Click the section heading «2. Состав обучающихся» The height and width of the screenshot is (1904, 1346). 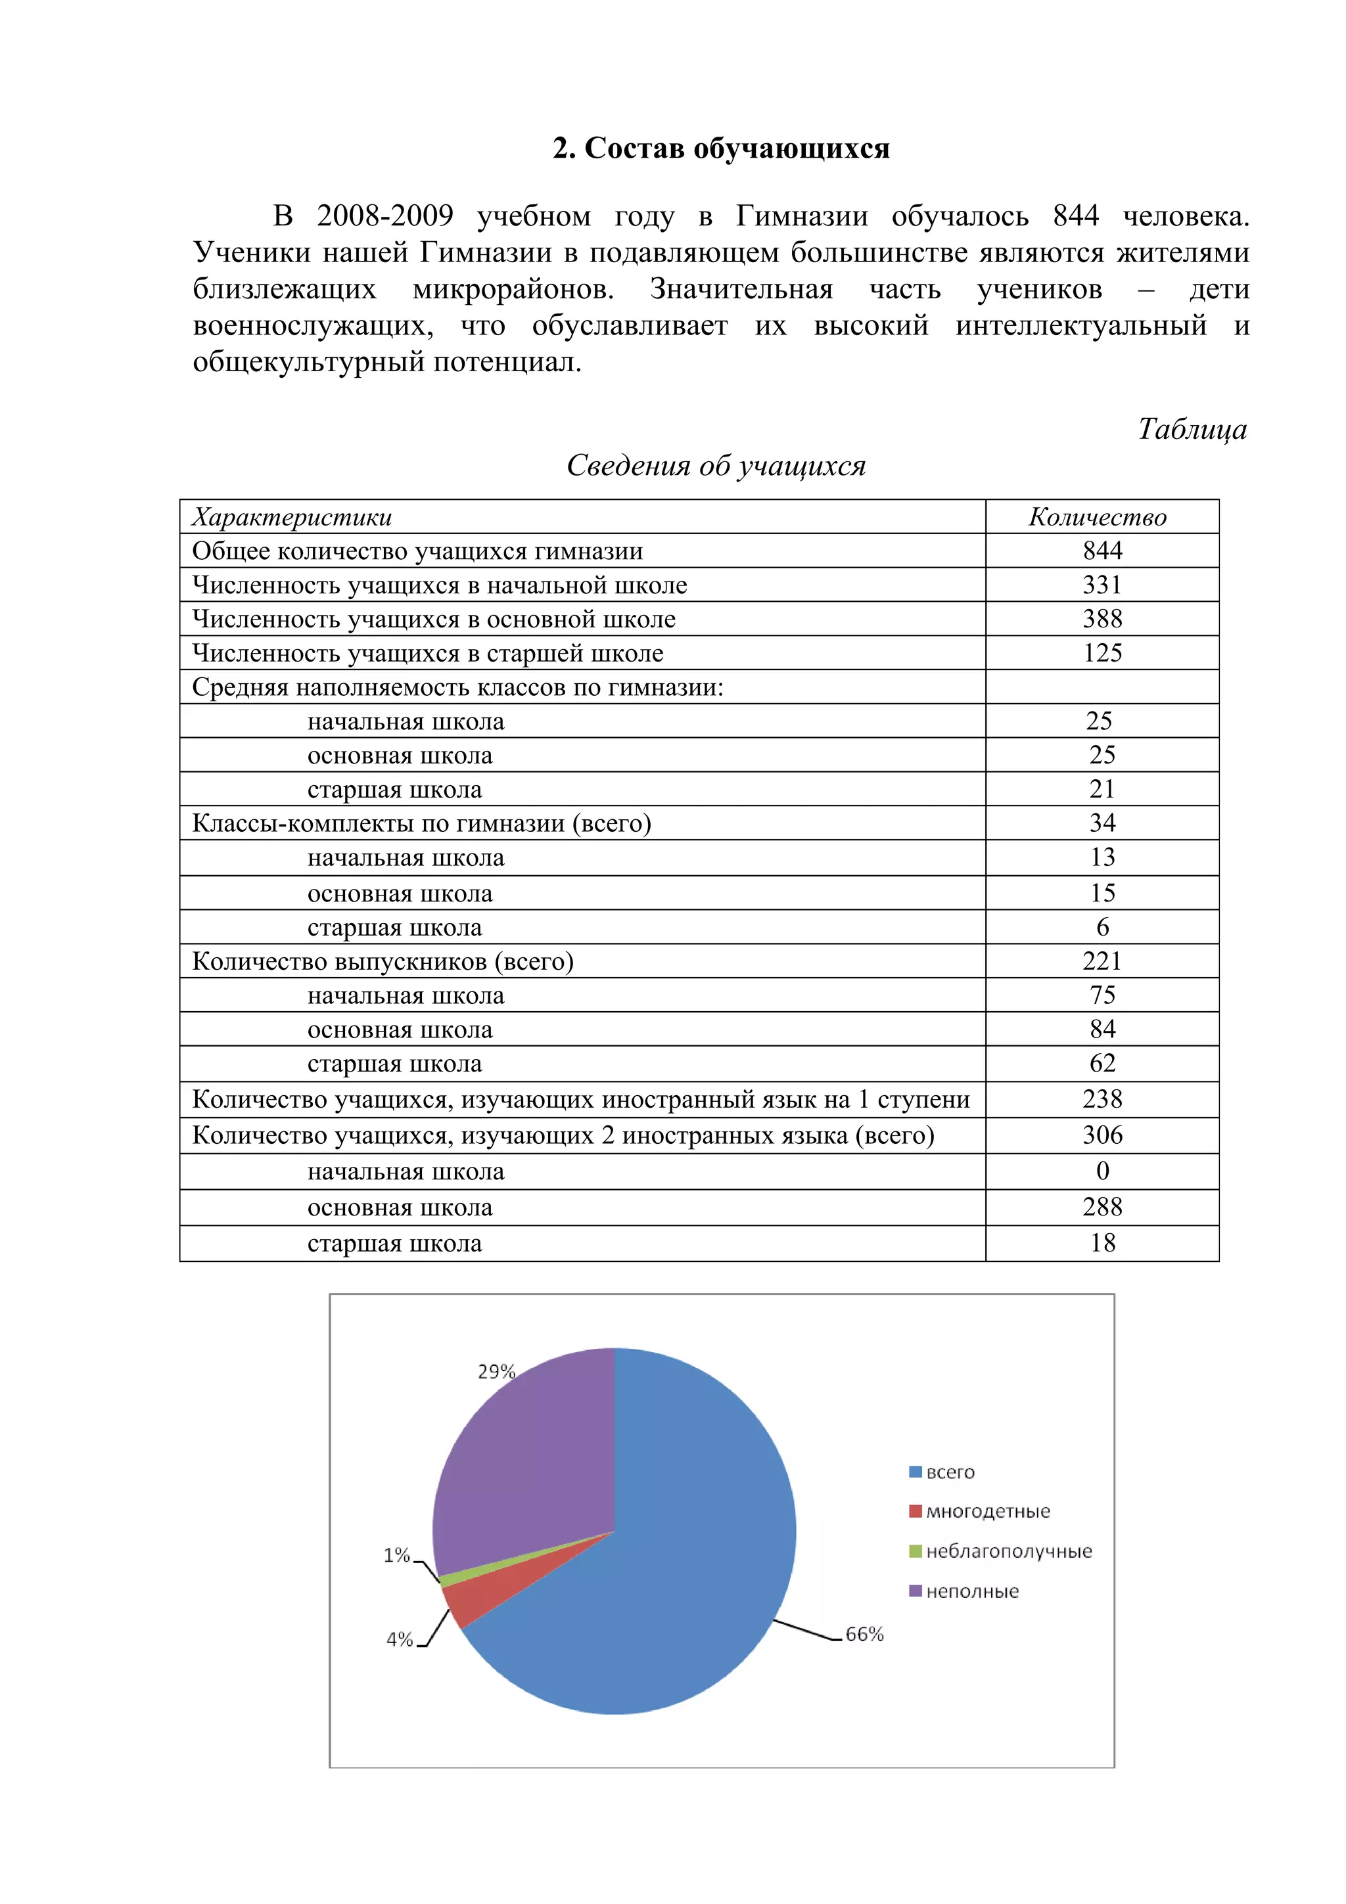tap(721, 148)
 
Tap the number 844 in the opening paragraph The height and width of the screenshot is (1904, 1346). tap(1076, 215)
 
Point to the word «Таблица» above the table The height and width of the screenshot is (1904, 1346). tap(1192, 429)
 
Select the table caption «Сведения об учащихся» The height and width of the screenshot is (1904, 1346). tap(716, 466)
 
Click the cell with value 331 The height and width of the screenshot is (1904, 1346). tap(1102, 585)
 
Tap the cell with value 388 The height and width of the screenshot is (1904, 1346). tap(1102, 620)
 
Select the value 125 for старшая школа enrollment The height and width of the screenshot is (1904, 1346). tap(1102, 654)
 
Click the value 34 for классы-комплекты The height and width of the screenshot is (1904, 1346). tap(1102, 823)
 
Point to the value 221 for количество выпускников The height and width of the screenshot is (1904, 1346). tap(1102, 961)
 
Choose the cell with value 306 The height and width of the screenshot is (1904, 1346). tap(1102, 1135)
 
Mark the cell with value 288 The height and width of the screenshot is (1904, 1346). tap(1102, 1208)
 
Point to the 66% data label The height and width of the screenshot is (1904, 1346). tap(864, 1635)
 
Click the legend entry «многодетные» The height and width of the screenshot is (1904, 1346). tap(987, 1512)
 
